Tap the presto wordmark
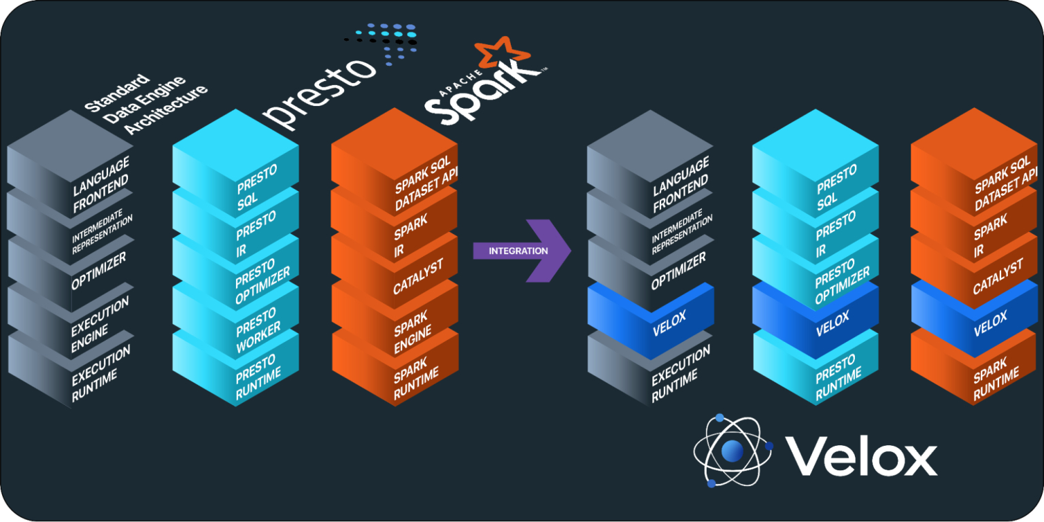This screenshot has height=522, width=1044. coord(320,95)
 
